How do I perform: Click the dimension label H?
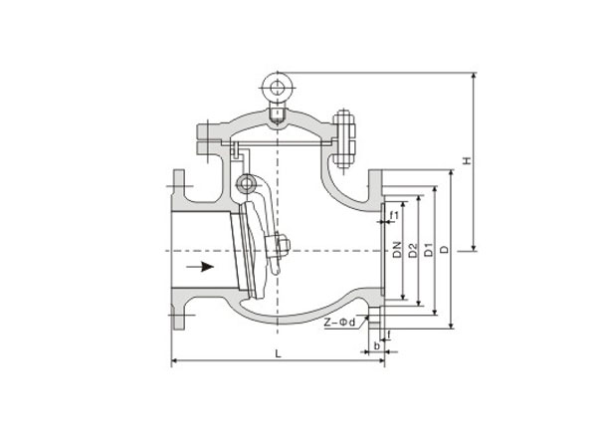(x=468, y=160)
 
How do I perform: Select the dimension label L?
(x=279, y=353)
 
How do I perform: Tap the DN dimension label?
(x=398, y=250)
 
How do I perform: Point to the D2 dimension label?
(x=413, y=250)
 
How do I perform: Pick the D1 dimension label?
(x=429, y=250)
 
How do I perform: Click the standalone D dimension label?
(x=445, y=250)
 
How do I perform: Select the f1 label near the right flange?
(x=394, y=216)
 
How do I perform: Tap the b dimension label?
(x=376, y=345)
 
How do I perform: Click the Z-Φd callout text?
(x=339, y=323)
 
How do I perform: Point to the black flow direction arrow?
(x=200, y=266)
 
